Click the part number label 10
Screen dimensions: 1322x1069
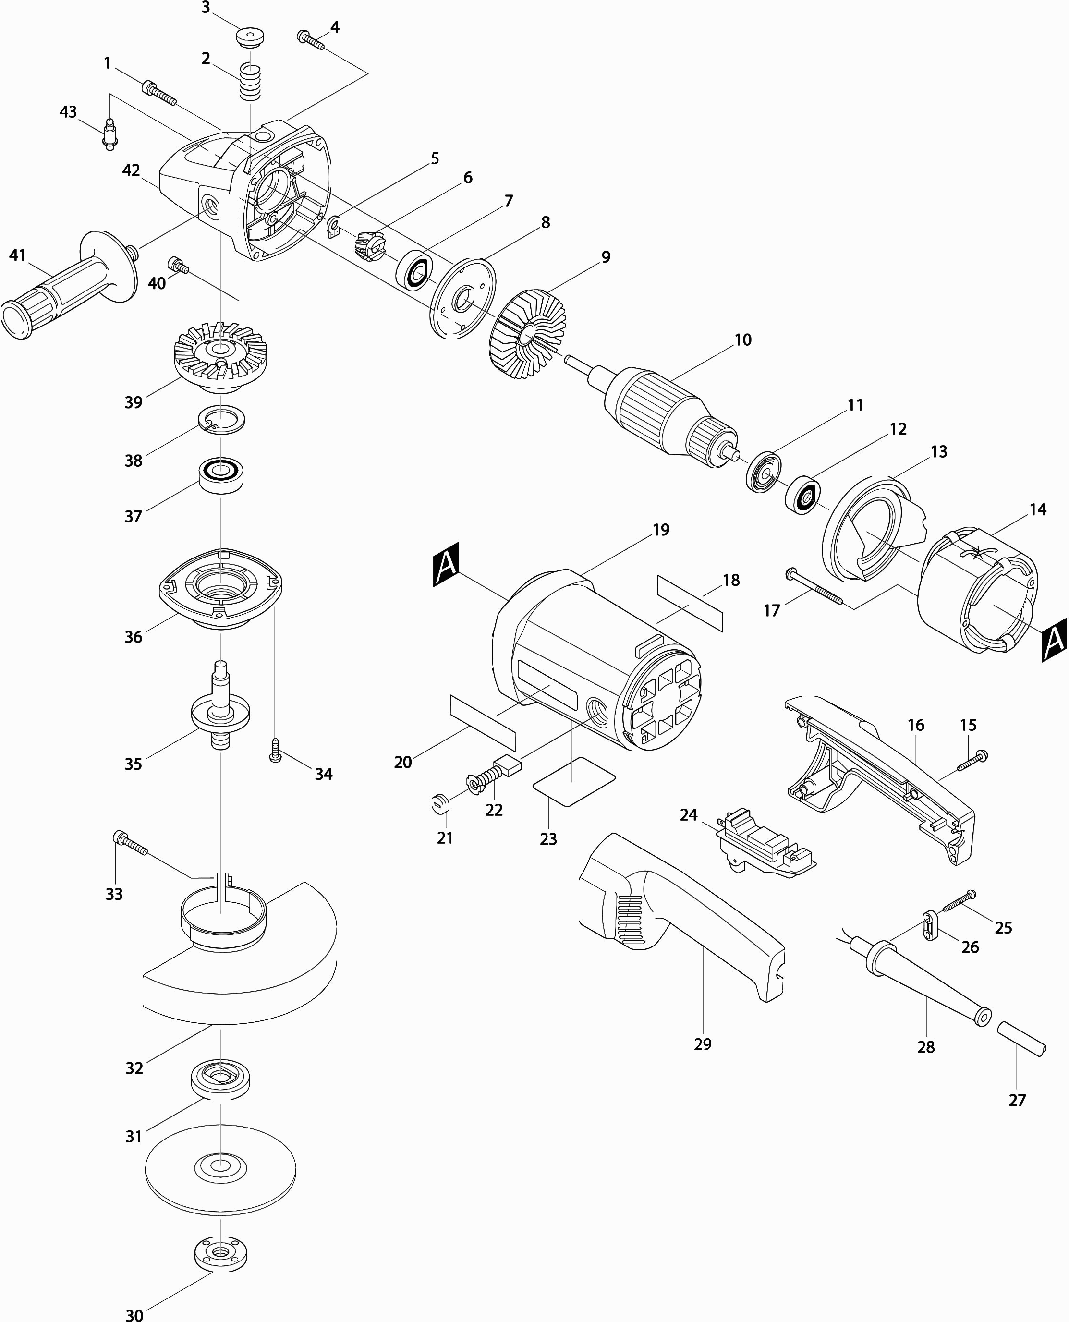[742, 340]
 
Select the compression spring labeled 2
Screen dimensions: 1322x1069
[250, 82]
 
